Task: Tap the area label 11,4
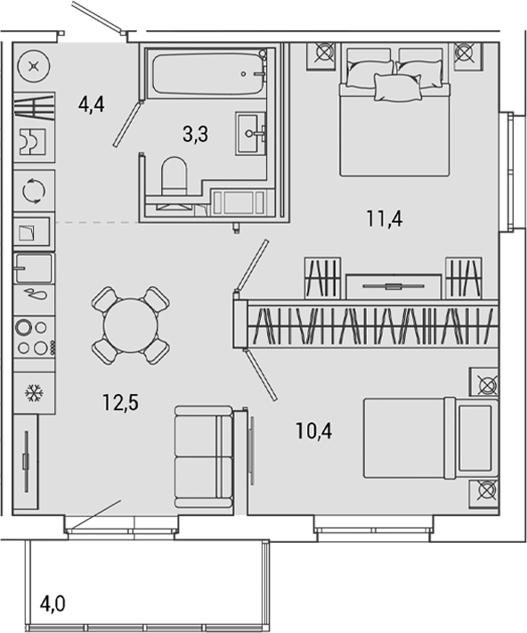point(385,217)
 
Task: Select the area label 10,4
point(316,432)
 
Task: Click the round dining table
point(130,325)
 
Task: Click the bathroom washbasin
point(252,133)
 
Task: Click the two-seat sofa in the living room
point(204,456)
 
